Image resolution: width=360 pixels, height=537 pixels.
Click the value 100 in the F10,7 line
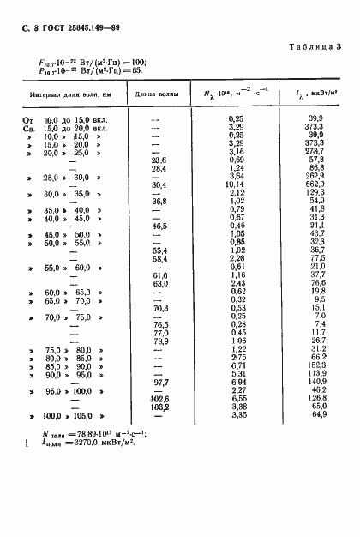137,62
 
